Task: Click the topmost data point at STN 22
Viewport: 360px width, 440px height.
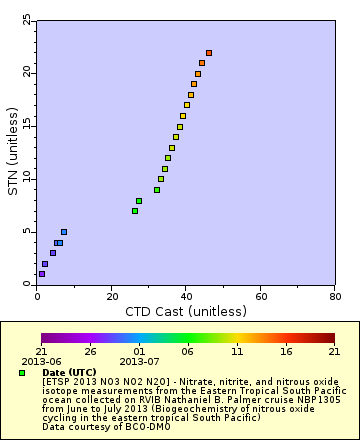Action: [209, 53]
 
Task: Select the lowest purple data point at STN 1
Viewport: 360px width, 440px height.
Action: [41, 274]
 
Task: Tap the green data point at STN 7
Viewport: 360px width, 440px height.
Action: [135, 211]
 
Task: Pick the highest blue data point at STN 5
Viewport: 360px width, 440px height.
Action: [64, 232]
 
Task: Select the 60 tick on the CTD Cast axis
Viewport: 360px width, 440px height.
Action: [260, 285]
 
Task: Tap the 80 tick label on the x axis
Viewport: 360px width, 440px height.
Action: [334, 297]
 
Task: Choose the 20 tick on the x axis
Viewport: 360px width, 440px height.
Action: [111, 285]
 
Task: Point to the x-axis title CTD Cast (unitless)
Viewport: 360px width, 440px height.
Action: [185, 312]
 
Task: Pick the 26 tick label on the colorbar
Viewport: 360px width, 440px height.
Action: [90, 352]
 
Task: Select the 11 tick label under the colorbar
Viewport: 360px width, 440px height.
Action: [237, 352]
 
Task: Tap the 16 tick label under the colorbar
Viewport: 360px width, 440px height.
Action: [286, 352]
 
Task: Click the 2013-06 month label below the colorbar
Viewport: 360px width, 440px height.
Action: [41, 361]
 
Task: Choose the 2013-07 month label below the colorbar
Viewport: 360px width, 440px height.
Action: [139, 361]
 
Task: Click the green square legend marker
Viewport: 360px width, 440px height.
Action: [22, 372]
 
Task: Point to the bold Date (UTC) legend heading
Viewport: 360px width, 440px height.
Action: [69, 372]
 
